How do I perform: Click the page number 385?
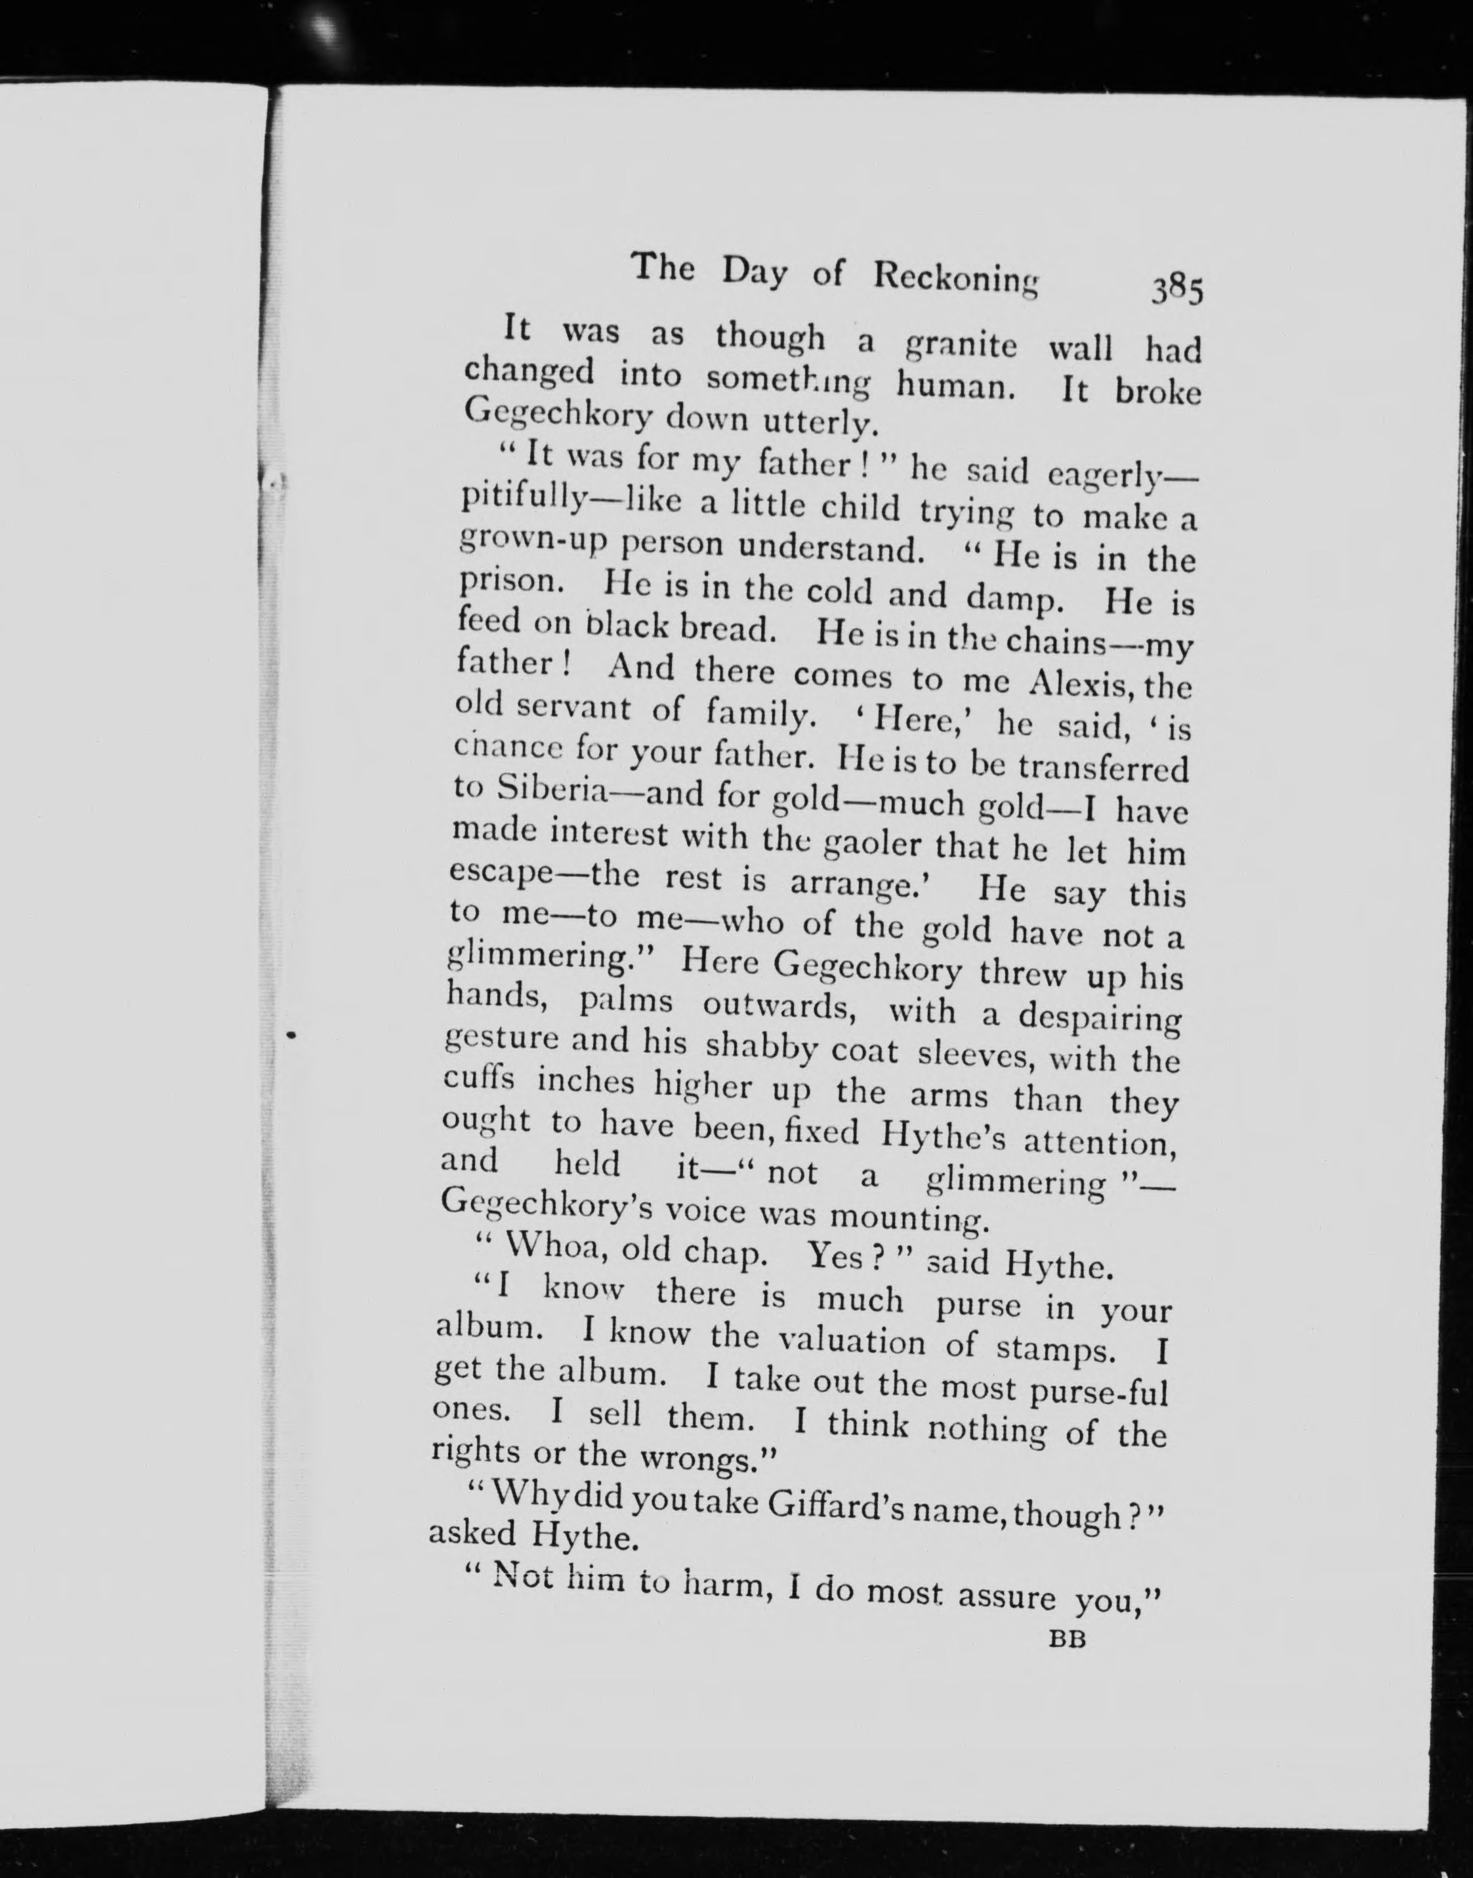(1177, 291)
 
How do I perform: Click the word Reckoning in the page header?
(955, 278)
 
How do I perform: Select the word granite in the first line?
(960, 345)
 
